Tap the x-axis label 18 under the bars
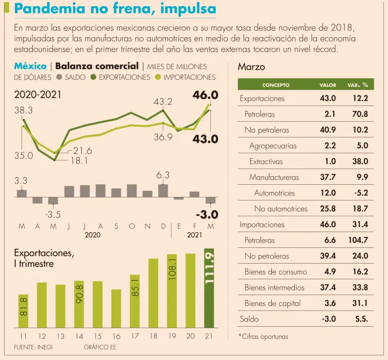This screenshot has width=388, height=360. [153, 336]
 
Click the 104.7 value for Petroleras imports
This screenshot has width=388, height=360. [358, 240]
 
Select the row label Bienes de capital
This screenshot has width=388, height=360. [272, 303]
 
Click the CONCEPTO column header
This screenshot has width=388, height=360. [276, 85]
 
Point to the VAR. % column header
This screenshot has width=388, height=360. [357, 85]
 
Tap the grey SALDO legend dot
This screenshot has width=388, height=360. [60, 77]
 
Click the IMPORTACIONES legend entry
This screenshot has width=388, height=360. [189, 77]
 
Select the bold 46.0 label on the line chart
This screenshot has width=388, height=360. [205, 94]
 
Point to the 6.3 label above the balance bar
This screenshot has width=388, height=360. [163, 175]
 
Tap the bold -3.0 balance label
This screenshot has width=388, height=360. [207, 214]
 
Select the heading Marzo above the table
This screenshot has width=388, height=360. [251, 67]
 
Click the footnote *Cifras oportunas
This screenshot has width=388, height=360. [263, 336]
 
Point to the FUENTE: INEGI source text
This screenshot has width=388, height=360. [33, 347]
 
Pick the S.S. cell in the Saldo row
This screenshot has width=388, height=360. [361, 319]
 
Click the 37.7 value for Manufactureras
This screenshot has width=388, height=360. [327, 177]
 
